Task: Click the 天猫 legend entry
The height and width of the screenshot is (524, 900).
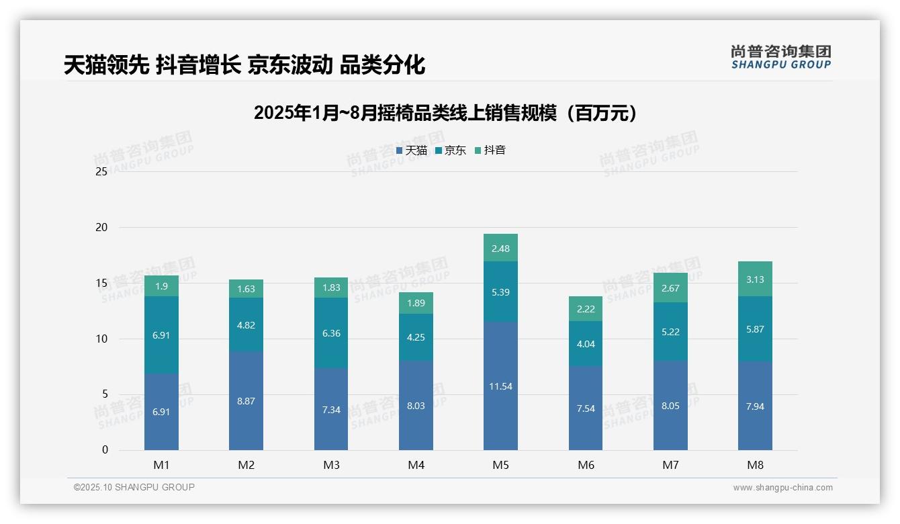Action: pos(412,150)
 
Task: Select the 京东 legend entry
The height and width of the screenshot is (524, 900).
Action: pos(451,150)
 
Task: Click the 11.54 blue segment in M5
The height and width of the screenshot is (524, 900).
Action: pos(500,386)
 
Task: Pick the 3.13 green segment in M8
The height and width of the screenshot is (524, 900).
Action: pos(755,279)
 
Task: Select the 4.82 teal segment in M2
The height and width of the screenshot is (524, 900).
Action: pos(246,325)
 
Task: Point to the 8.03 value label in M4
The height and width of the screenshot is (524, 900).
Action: pos(416,406)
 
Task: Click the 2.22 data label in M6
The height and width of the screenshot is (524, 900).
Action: pos(586,309)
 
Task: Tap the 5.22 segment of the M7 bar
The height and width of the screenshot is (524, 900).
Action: pos(670,332)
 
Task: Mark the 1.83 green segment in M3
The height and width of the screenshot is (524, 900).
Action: pos(331,288)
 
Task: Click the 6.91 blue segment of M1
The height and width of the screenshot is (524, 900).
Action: pos(161,412)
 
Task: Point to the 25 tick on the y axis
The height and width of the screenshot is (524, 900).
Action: pos(101,172)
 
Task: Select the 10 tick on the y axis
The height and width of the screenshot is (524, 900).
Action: pos(101,339)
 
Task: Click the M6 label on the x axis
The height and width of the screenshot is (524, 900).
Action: pos(586,465)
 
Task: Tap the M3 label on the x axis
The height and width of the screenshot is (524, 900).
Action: pos(331,465)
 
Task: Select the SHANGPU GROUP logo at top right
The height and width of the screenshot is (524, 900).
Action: pos(780,57)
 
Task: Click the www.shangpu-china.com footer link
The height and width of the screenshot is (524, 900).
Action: pos(782,488)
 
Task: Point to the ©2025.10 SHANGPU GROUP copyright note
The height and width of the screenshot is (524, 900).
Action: pos(134,488)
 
